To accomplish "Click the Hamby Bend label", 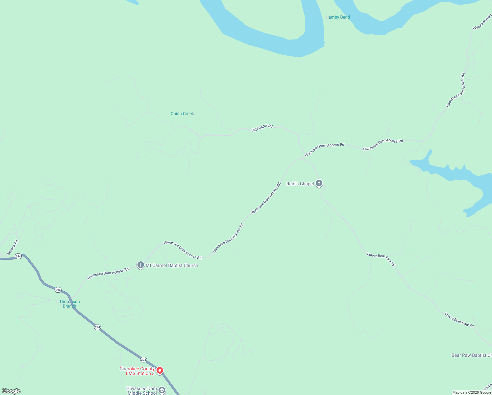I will point(337,17).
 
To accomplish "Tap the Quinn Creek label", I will point(182,114).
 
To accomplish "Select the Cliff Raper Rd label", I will point(262,128).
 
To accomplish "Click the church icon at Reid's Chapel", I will point(319,183).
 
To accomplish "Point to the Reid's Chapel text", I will point(300,184).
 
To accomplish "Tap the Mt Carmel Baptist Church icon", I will point(141,265).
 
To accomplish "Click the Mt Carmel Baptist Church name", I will point(172,265).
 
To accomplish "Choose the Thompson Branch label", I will point(69,304).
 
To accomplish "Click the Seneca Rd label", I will point(12,247).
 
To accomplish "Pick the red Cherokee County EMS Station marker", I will point(160,371).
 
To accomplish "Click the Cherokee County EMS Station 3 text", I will point(137,371).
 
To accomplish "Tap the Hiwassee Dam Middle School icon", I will point(161,390).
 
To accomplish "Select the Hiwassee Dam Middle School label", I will point(142,391).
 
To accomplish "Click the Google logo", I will point(11,391).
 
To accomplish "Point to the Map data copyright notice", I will point(471,392).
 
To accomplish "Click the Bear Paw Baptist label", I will point(471,355).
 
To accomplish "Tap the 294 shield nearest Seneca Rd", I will point(18,256).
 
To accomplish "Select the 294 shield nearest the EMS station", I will point(143,360).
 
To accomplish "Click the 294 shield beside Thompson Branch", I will point(58,290).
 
